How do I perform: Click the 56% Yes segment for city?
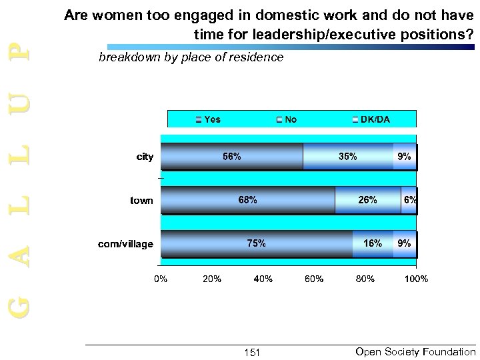pyautogui.click(x=232, y=157)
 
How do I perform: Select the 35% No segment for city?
pyautogui.click(x=347, y=157)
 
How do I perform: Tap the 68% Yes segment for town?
pyautogui.click(x=247, y=200)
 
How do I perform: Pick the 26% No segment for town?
pyautogui.click(x=367, y=200)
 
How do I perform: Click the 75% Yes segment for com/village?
pyautogui.click(x=257, y=244)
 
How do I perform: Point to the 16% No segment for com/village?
pyautogui.click(x=373, y=244)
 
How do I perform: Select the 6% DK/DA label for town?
pyautogui.click(x=410, y=200)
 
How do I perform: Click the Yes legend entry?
pyautogui.click(x=208, y=119)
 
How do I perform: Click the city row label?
pyautogui.click(x=145, y=157)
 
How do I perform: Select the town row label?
pyautogui.click(x=141, y=201)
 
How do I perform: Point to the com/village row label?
pyautogui.click(x=126, y=245)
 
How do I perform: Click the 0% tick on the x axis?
pyautogui.click(x=161, y=279)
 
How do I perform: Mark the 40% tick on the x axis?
pyautogui.click(x=263, y=279)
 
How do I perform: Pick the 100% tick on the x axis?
pyautogui.click(x=416, y=279)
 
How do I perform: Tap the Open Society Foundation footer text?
pyautogui.click(x=416, y=351)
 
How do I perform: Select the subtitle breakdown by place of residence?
pyautogui.click(x=191, y=58)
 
